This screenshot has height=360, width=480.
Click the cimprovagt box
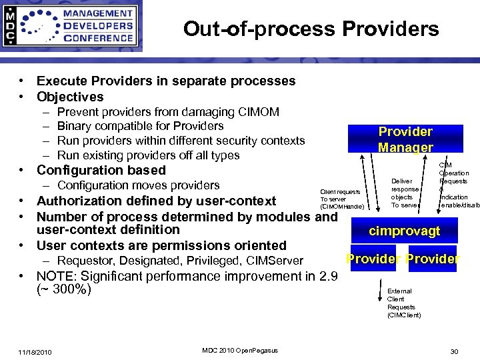(x=405, y=231)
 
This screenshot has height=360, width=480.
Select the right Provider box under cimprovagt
(x=433, y=259)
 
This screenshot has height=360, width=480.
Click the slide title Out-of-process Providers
(x=311, y=29)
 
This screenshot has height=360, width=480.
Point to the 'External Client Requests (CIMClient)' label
(x=404, y=303)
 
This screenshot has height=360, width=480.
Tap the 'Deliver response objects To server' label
(x=405, y=193)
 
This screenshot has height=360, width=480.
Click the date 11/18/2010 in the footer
(x=35, y=352)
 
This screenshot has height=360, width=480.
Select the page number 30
(x=455, y=352)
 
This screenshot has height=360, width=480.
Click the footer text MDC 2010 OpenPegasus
(x=239, y=351)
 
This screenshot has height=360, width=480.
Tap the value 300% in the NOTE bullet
(x=71, y=290)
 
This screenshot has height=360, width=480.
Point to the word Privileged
(x=214, y=261)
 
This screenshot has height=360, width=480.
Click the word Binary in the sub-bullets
(x=77, y=126)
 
